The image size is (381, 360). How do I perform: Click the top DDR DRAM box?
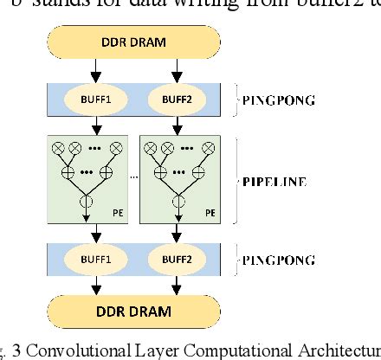(x=135, y=42)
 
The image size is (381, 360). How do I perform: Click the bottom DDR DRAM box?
(x=135, y=309)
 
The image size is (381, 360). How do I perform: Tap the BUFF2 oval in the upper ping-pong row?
(x=178, y=99)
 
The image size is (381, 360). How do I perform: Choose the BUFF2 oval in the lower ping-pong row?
(x=178, y=258)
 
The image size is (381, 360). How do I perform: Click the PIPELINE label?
(x=276, y=183)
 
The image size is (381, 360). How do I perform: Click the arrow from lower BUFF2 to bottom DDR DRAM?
(x=178, y=284)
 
